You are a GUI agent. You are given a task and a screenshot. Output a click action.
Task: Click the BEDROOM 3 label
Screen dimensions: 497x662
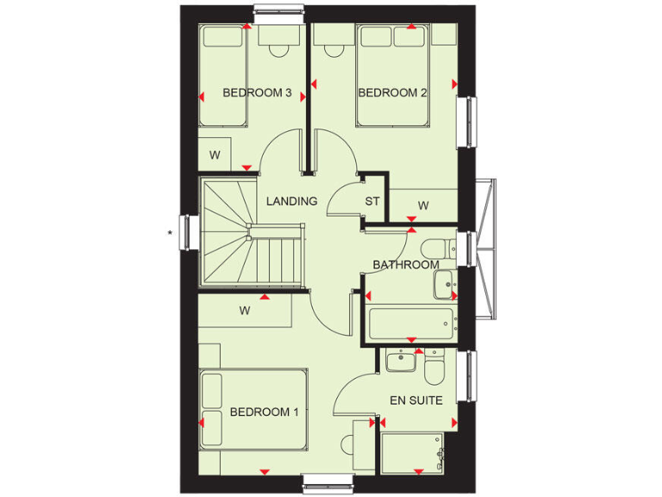[x=257, y=93]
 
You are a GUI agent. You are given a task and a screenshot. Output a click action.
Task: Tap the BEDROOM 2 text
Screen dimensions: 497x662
[x=393, y=93]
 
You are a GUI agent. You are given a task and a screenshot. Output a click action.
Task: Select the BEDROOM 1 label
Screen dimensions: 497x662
[x=264, y=412]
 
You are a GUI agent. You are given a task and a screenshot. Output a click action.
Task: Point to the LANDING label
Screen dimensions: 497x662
[x=291, y=201]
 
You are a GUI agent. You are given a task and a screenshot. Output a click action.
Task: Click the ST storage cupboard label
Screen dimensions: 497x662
[x=372, y=202]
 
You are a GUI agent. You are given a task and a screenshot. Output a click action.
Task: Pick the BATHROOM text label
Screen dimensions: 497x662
[x=405, y=265]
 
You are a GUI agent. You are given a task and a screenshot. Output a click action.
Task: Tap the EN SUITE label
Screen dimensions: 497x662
[x=416, y=400]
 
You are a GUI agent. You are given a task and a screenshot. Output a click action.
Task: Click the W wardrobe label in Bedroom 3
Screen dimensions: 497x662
[x=215, y=156]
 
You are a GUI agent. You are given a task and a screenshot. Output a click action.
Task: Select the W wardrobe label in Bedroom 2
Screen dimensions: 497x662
[x=423, y=205]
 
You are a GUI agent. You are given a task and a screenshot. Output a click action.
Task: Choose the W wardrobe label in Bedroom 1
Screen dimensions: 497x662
[x=245, y=311]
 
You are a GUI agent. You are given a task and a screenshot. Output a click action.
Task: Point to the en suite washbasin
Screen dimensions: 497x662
[x=401, y=361]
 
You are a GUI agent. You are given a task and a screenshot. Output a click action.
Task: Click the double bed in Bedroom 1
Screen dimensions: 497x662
[x=254, y=409]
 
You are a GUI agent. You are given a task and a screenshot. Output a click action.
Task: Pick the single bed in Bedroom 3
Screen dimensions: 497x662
[x=222, y=78]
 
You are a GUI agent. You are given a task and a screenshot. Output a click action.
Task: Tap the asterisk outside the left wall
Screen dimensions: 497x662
[x=171, y=232]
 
